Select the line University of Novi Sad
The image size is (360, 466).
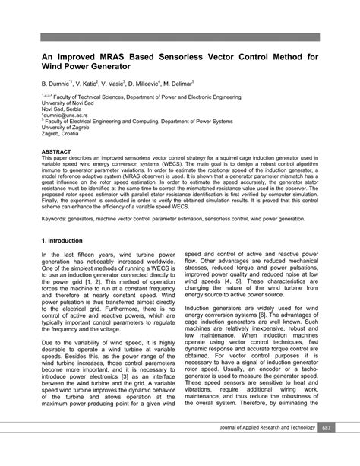68,103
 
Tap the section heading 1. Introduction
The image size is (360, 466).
66,239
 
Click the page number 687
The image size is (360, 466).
327,449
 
